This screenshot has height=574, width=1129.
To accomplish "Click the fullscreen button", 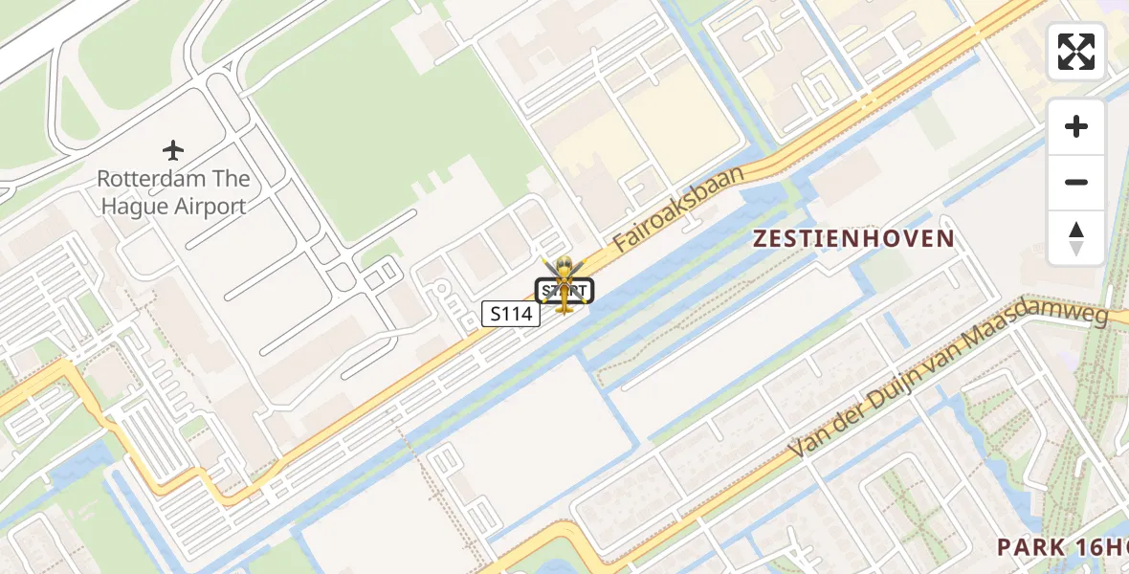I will click(1076, 52).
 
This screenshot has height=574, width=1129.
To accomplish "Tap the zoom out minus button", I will click(1076, 182).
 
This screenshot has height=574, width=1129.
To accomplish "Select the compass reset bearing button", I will click(1076, 238).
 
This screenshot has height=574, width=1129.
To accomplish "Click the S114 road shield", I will click(511, 313).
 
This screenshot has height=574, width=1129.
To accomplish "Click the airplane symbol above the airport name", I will click(173, 150).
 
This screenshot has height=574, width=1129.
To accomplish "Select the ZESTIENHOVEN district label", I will click(853, 239).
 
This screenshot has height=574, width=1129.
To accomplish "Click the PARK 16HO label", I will click(1062, 547).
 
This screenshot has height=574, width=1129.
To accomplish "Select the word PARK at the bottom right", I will click(1031, 547).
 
